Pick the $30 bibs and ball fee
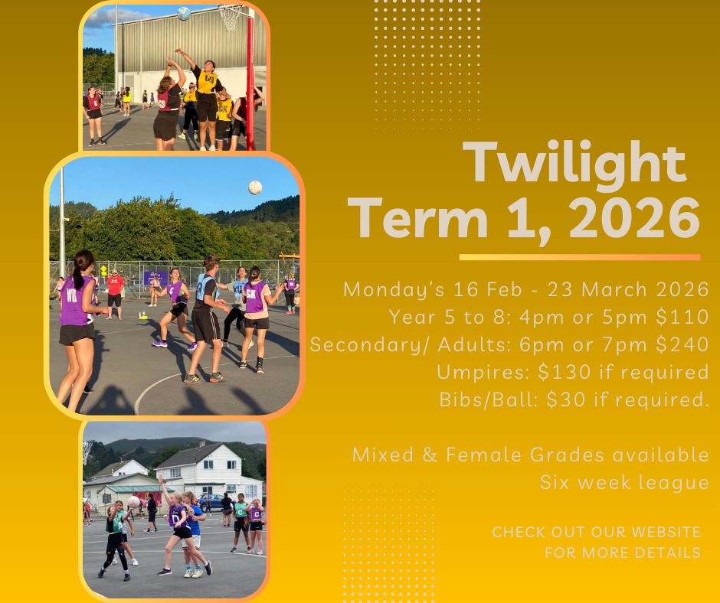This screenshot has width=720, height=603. point(566,399)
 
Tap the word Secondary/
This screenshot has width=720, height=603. point(370,345)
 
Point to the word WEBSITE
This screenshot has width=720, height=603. point(666,532)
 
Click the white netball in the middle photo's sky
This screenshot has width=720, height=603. point(255,187)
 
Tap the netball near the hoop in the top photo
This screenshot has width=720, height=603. point(184,13)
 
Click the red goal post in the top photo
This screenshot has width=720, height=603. point(250,83)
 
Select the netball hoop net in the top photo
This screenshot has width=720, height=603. point(230,18)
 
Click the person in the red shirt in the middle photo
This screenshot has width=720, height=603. point(115,294)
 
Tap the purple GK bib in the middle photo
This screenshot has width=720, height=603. point(254,296)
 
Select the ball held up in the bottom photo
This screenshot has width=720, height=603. point(133,501)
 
